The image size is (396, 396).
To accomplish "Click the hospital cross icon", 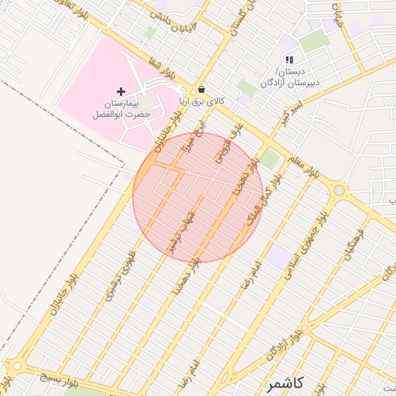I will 121,91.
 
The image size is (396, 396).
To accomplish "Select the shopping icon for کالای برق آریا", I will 202,88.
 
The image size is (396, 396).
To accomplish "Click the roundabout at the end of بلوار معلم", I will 339,189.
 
